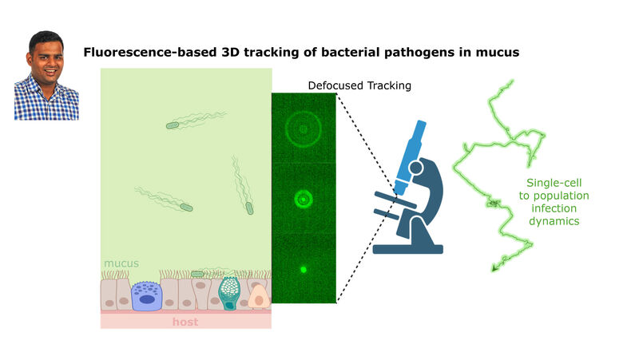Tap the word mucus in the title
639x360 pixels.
pos(498,53)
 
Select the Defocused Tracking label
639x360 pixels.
pos(359,85)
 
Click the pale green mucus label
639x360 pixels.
pos(121,263)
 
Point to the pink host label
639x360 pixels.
pos(185,322)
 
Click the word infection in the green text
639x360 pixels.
pos(554,208)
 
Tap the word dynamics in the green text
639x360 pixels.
pos(554,221)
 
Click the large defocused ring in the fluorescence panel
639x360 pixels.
pos(304,112)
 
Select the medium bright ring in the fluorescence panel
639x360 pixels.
pos(304,191)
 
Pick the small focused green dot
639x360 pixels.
pos(304,269)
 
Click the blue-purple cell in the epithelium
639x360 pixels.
pos(147,296)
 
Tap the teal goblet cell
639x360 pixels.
pos(229,293)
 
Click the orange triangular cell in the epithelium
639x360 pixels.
pos(258,297)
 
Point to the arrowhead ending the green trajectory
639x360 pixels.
pos(494,268)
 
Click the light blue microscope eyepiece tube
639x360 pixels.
pos(411,156)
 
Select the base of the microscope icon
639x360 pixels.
pos(407,248)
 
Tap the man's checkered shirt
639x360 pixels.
pos(46,102)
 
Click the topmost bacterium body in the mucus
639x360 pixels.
pos(173,125)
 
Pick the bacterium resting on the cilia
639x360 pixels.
pos(197,274)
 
